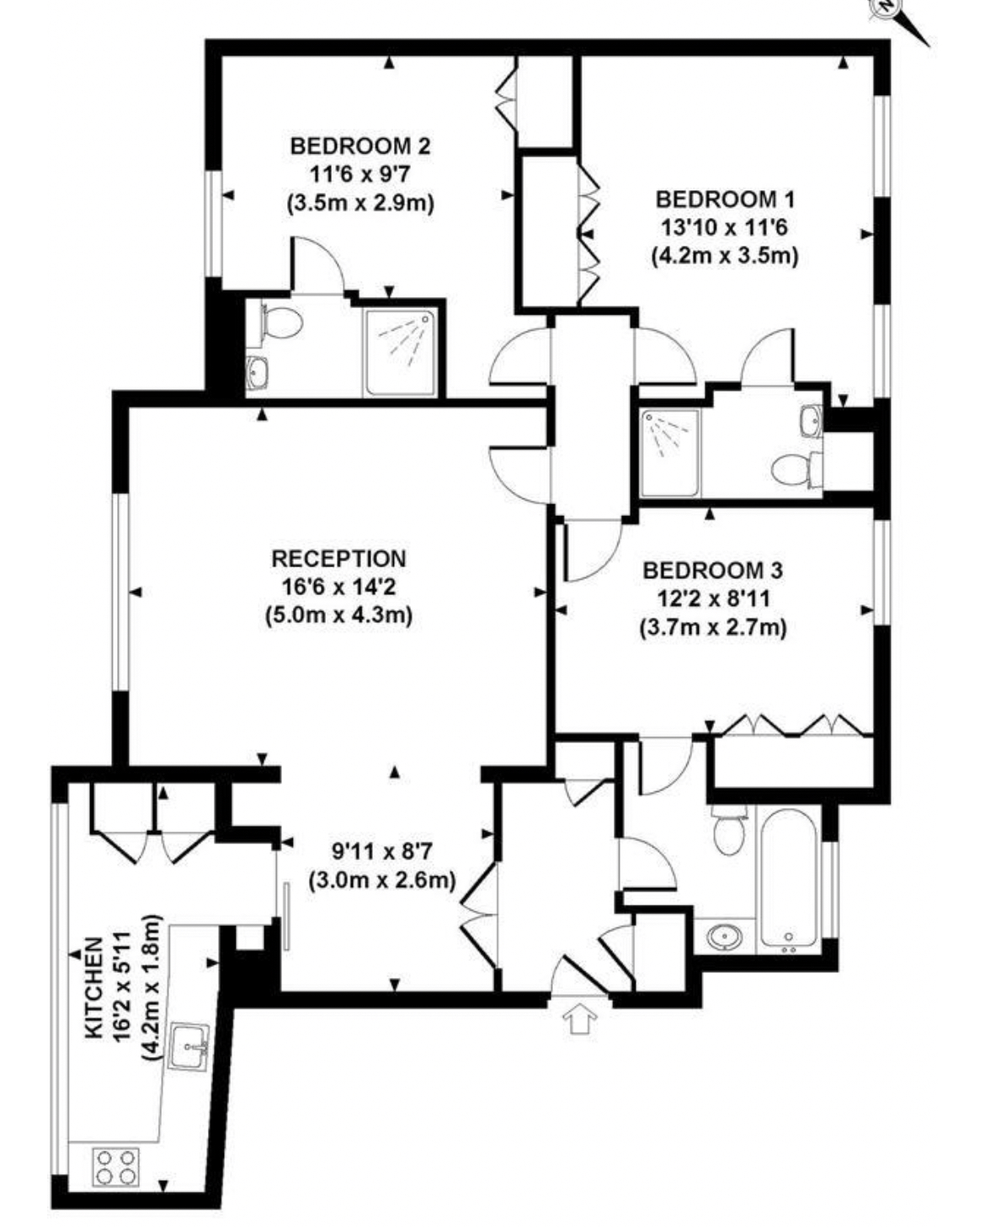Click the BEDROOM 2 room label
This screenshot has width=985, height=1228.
click(x=360, y=146)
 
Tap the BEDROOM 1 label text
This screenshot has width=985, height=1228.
click(x=725, y=199)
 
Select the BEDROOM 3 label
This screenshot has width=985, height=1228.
click(x=713, y=570)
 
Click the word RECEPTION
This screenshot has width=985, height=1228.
click(x=339, y=558)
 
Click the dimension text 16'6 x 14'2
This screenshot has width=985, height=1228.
click(x=339, y=587)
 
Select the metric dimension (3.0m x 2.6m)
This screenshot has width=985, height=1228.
click(x=382, y=880)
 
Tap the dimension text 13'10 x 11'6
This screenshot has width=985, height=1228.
click(x=725, y=228)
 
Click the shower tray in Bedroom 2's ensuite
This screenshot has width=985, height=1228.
click(x=401, y=352)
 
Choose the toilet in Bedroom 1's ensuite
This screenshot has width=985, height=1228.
click(x=797, y=470)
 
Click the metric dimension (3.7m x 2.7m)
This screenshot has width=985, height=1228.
click(x=713, y=628)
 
